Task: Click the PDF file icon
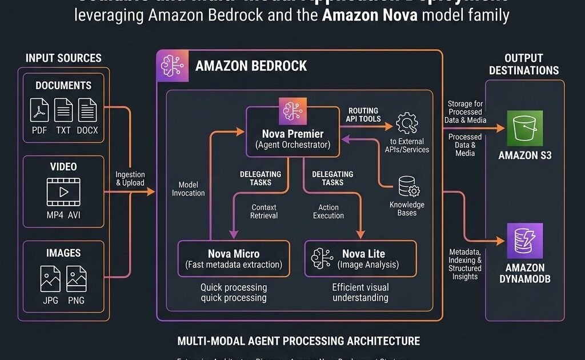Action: coord(39,110)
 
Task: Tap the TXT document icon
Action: coord(63,110)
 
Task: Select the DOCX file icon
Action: coord(87,110)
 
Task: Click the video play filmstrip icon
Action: coord(63,191)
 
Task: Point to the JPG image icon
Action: coord(50,278)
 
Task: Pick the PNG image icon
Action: coord(76,278)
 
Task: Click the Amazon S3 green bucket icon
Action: coord(525,129)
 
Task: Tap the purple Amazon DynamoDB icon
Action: coord(525,241)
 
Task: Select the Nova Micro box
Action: coord(234,258)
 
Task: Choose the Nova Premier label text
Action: coord(292,134)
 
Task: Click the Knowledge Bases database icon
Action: coord(408,186)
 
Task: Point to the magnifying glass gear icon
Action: coord(407,122)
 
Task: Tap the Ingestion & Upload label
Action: coord(130,179)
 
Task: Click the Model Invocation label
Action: coord(188,189)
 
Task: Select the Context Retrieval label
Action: coord(264,211)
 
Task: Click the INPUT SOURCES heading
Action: coord(63,58)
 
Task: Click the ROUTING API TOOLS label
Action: coord(363,114)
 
